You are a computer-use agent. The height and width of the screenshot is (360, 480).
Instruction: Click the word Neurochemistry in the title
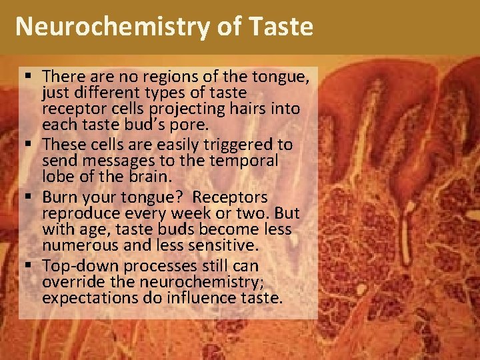point(104,27)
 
